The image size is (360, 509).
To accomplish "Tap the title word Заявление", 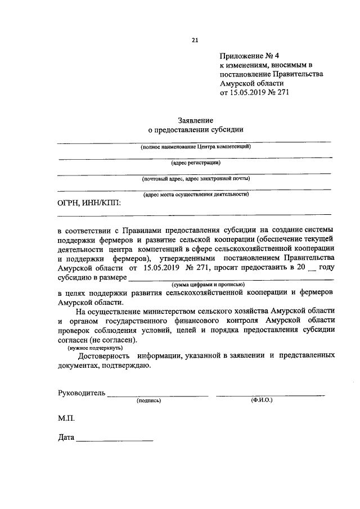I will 196,120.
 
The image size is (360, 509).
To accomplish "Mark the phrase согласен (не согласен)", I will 97,340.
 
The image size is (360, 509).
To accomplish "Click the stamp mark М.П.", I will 66,419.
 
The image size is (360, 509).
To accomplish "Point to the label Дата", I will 66,438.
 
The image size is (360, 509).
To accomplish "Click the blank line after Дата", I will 115,439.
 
